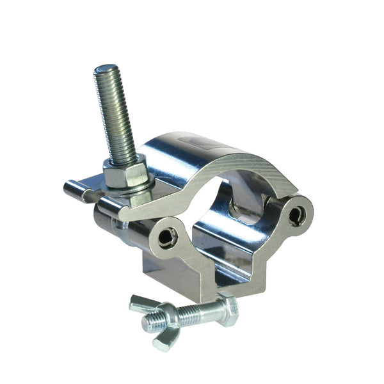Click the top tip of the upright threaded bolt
[x=106, y=68]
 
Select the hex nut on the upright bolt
[x=122, y=172]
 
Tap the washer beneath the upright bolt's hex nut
[x=128, y=187]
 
